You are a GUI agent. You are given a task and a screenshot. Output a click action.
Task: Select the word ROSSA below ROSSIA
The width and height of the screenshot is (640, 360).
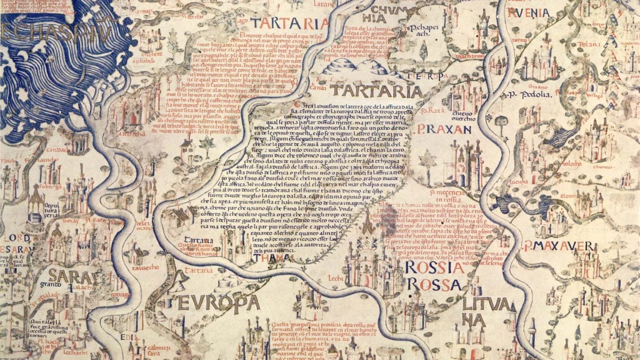coord(435,285)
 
